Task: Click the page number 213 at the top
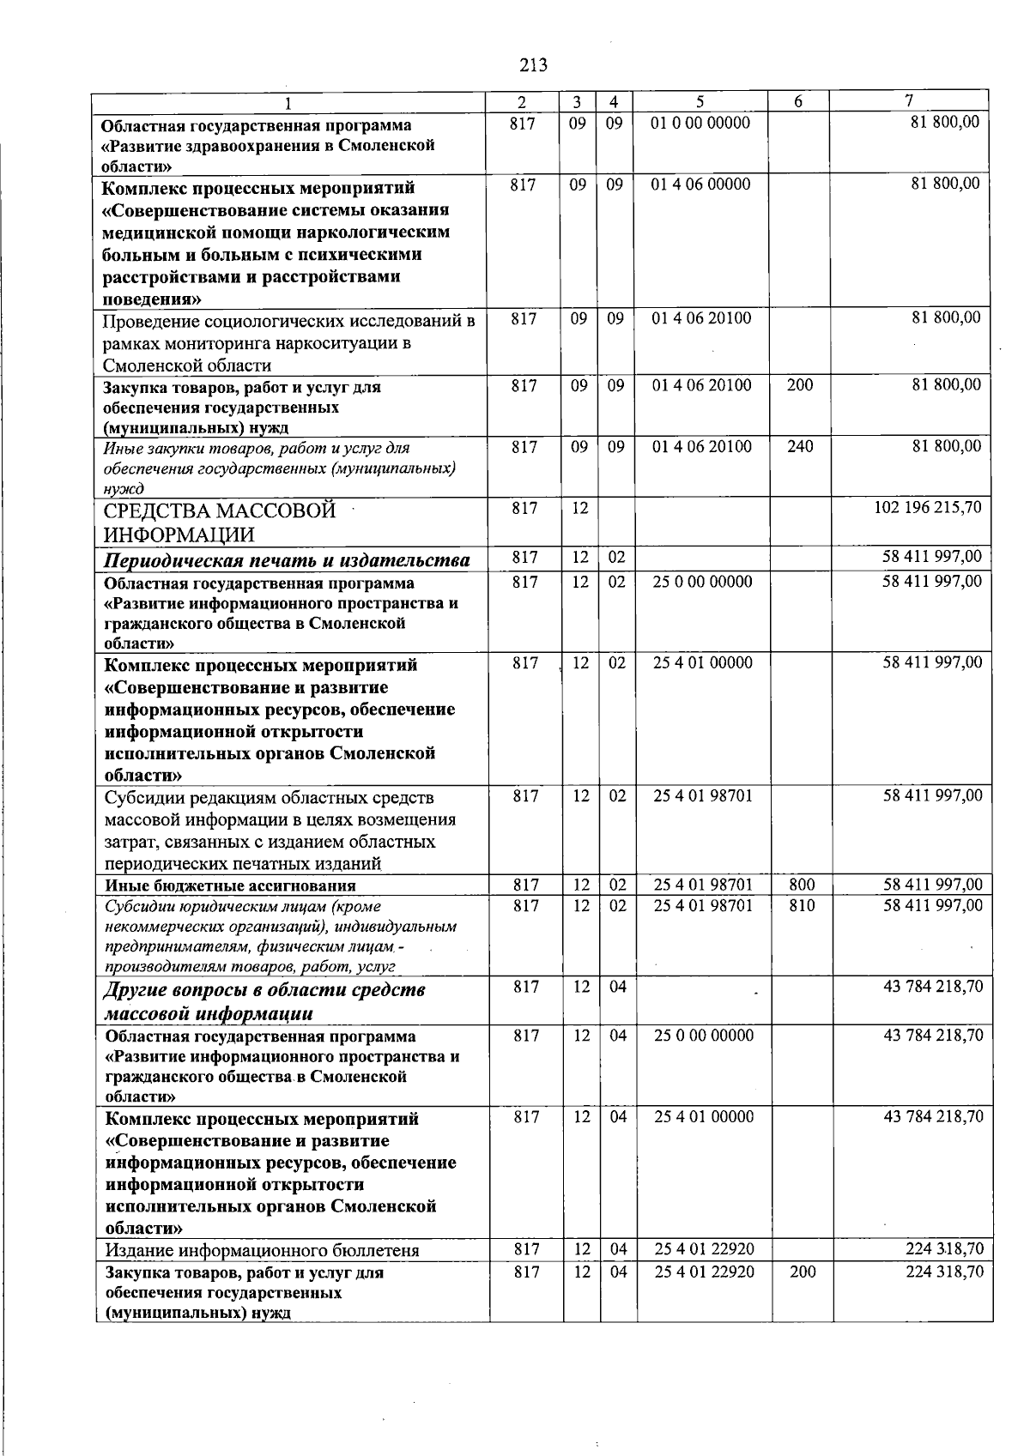point(532,65)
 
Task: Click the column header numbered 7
point(908,101)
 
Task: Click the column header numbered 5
point(701,101)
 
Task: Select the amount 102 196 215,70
point(927,508)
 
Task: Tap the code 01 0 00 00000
point(700,123)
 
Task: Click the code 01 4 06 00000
point(700,184)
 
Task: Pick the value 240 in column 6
point(799,446)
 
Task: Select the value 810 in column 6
point(801,905)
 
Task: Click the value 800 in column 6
point(801,885)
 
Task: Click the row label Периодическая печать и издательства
point(287,561)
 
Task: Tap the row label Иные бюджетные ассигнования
point(230,885)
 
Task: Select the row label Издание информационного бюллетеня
point(262,1250)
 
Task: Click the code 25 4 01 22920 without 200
point(704,1248)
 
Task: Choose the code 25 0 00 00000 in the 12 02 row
point(703,582)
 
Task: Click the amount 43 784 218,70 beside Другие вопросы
point(933,987)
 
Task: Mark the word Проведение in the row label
point(150,321)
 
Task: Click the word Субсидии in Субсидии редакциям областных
point(142,798)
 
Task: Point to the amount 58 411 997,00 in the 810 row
point(933,905)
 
